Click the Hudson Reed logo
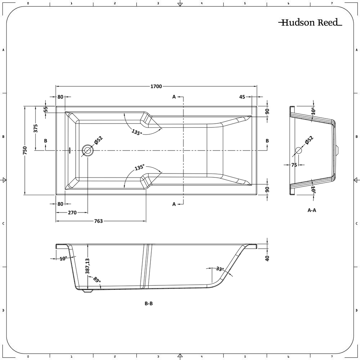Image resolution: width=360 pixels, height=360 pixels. coord(310,23)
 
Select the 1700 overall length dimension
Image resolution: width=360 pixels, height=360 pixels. coord(156,86)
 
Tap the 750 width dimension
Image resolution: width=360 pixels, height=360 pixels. coord(25,150)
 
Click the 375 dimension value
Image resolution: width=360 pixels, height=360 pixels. coord(36,128)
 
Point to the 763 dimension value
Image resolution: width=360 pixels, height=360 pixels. coord(98,221)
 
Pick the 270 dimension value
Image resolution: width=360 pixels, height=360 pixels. coord(72,213)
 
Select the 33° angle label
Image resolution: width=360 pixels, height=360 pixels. coord(220,269)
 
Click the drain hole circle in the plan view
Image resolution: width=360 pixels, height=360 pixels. coord(87,150)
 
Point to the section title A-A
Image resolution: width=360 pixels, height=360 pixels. coord(312,210)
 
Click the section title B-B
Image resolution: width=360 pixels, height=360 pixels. coord(149,303)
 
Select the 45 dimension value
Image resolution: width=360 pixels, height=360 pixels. coord(242,97)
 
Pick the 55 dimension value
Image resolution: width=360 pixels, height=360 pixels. coord(46,109)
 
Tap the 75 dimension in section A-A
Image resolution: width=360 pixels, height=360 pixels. coord(294,165)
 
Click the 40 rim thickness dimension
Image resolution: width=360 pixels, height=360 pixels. coord(267,258)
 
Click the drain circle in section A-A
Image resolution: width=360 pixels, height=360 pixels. coord(298,150)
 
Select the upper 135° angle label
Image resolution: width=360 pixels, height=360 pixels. coord(137,132)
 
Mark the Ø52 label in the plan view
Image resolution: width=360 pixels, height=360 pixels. coord(99,140)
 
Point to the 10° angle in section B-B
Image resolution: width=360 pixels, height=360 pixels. coord(63,258)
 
